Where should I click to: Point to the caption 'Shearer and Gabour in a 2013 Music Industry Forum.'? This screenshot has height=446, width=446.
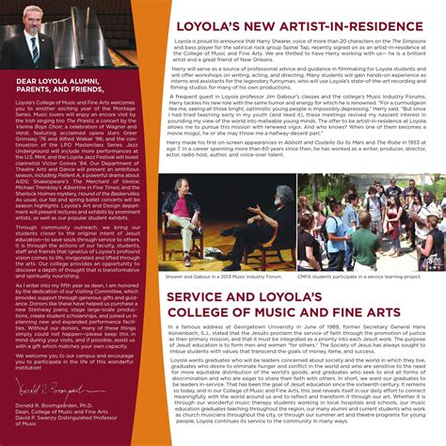231,276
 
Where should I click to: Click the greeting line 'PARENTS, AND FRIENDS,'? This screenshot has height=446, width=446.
55,90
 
